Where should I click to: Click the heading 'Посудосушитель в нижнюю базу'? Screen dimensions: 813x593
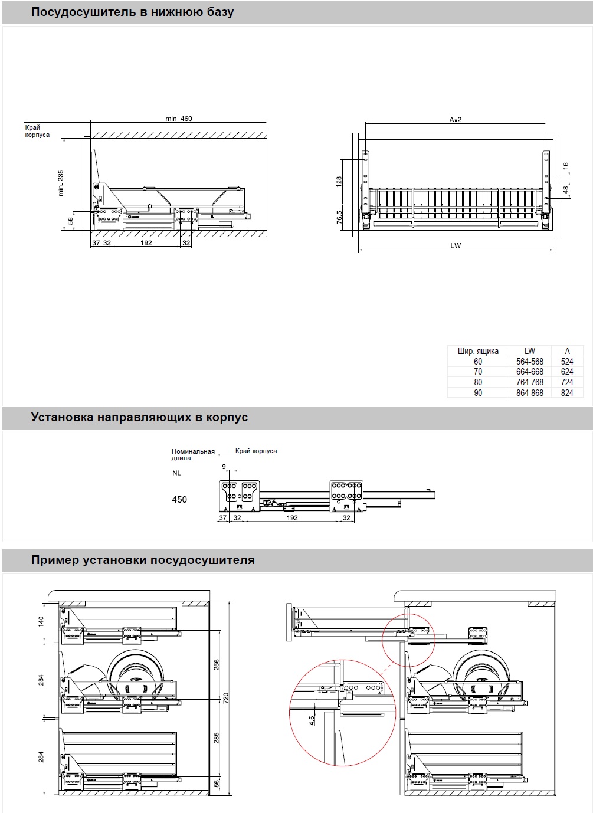pyautogui.click(x=132, y=12)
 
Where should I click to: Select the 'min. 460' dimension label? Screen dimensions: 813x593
pyautogui.click(x=179, y=119)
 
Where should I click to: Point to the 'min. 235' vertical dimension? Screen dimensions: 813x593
pyautogui.click(x=61, y=183)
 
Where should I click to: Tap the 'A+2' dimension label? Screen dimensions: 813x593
pyautogui.click(x=455, y=119)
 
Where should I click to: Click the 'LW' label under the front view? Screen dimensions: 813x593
pyautogui.click(x=456, y=245)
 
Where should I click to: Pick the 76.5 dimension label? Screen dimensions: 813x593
pyautogui.click(x=339, y=218)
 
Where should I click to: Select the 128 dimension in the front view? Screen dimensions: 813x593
pyautogui.click(x=339, y=181)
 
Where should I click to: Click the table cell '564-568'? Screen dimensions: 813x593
pyautogui.click(x=529, y=362)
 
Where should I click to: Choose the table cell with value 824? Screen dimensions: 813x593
pyautogui.click(x=567, y=393)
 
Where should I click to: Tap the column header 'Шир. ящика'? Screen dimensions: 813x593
pyautogui.click(x=478, y=351)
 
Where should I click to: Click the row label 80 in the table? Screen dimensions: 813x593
pyautogui.click(x=478, y=382)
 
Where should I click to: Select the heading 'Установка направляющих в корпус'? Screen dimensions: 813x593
pyautogui.click(x=139, y=417)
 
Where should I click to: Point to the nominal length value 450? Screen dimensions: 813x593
pyautogui.click(x=179, y=500)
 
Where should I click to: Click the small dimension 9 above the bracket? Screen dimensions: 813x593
pyautogui.click(x=224, y=467)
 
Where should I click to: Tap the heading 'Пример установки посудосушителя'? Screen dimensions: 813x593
pyautogui.click(x=143, y=560)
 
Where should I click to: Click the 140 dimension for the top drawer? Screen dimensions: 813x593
pyautogui.click(x=41, y=621)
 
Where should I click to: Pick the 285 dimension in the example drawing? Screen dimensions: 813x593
pyautogui.click(x=217, y=737)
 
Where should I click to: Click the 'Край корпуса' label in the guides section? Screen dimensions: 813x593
pyautogui.click(x=256, y=451)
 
